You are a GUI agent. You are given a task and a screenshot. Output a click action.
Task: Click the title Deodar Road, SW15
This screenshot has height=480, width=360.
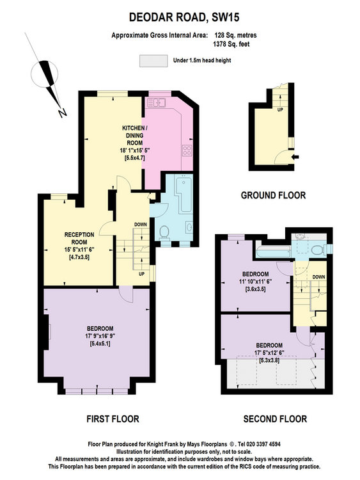184,17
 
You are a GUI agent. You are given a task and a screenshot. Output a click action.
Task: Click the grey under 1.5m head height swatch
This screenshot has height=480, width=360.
153,61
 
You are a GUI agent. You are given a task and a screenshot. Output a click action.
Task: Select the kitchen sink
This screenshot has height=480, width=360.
155,102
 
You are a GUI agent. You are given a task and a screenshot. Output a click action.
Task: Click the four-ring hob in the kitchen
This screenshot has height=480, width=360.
187,150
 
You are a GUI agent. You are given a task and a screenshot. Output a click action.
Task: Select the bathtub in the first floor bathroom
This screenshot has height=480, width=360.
184,193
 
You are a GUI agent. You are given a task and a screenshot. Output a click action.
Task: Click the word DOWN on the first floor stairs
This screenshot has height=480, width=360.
141,225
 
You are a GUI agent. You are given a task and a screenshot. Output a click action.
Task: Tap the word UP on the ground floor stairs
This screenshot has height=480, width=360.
280,109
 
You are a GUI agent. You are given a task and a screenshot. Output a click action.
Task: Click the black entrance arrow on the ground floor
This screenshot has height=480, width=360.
296,157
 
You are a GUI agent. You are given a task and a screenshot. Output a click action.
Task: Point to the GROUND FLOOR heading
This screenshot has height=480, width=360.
273,195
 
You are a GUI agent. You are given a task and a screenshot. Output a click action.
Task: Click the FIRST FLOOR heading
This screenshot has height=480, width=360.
113,419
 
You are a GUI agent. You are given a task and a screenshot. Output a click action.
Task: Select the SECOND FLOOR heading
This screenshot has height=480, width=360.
275,419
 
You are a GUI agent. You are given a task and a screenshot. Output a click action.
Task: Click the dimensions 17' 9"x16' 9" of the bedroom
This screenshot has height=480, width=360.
100,336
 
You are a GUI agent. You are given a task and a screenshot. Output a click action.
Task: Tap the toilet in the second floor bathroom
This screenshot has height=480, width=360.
318,250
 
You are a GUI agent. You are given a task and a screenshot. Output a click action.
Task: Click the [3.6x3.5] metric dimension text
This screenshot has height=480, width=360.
255,289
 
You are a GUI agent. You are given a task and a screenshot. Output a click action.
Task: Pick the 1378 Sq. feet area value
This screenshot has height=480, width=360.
231,44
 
